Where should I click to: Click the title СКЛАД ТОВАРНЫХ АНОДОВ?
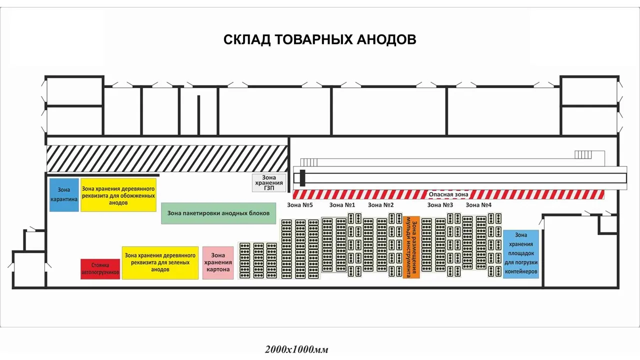[x=319, y=39]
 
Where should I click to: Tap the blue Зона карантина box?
[x=64, y=194]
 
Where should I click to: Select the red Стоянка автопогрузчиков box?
[x=100, y=269]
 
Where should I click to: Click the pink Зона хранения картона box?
[x=218, y=262]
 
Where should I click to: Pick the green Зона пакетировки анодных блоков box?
[x=218, y=213]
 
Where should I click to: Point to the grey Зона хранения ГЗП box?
[x=269, y=183]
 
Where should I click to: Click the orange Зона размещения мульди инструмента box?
[x=411, y=247]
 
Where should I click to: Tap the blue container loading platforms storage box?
[x=521, y=254]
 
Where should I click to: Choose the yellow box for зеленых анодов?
[x=160, y=262]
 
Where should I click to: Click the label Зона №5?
[x=300, y=205]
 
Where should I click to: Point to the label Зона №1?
[x=342, y=205]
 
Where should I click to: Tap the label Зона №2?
[x=381, y=205]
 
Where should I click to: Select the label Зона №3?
[x=440, y=205]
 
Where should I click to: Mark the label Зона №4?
[x=478, y=205]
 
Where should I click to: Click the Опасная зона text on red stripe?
[x=448, y=194]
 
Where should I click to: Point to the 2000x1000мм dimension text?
[x=297, y=349]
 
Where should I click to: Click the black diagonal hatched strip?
[x=167, y=158]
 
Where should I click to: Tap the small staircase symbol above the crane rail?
[x=583, y=154]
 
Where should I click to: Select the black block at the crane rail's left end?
[x=302, y=177]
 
